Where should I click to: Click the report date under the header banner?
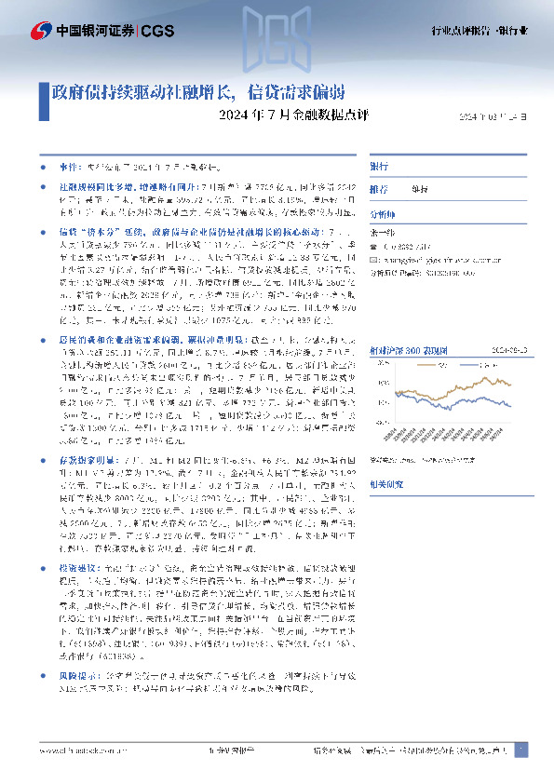pyautogui.click(x=498, y=116)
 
